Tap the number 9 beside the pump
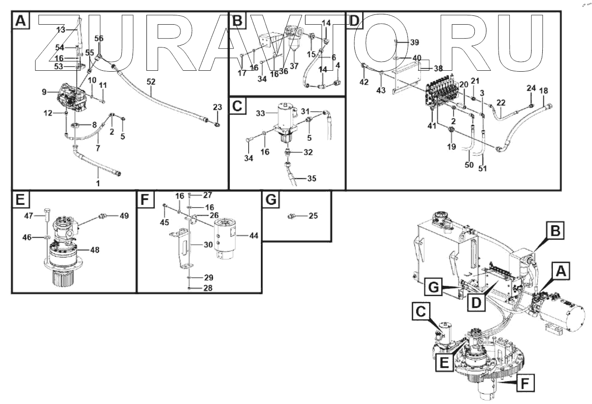coord(44,92)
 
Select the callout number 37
coord(294,66)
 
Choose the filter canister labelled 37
coord(294,41)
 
